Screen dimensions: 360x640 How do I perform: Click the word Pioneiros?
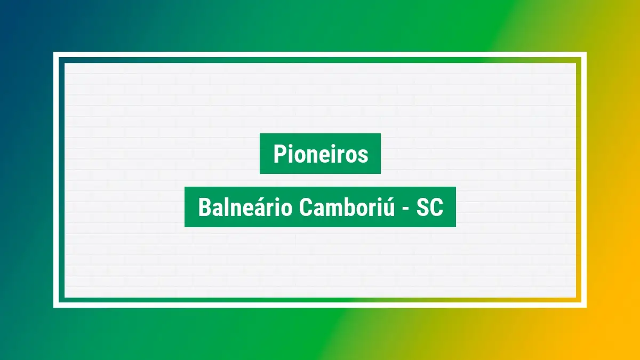(321, 154)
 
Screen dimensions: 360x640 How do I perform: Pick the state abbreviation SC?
(430, 207)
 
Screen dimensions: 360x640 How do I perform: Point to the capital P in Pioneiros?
(278, 154)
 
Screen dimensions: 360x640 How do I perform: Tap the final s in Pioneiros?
(364, 156)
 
